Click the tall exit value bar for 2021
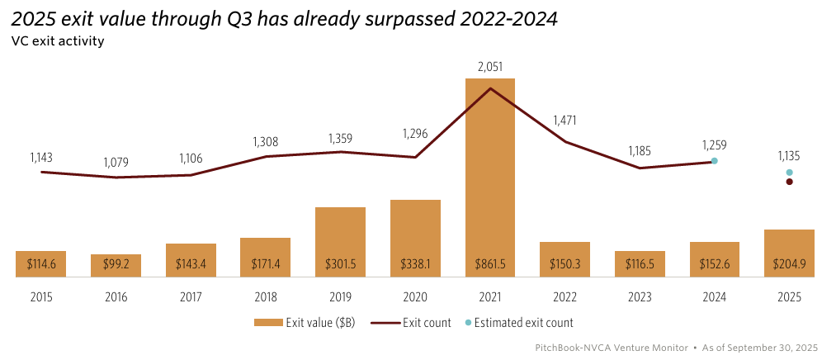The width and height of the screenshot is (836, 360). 489,165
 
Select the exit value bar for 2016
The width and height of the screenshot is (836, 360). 116,265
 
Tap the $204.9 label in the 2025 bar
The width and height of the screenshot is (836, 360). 789,264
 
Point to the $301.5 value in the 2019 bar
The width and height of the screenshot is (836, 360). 340,264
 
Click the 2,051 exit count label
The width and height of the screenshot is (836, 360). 490,66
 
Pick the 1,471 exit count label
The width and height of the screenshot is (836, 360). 564,121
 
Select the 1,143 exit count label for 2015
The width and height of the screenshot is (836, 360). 41,157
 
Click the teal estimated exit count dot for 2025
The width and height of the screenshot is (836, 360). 789,173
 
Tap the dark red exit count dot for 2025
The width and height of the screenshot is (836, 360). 789,182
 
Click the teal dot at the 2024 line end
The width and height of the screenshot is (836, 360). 715,161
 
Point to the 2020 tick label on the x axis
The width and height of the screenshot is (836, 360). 415,296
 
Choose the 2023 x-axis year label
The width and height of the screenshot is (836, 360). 640,296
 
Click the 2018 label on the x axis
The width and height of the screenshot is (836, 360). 265,296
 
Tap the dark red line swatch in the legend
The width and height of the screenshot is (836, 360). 385,323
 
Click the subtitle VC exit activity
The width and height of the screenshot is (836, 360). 57,41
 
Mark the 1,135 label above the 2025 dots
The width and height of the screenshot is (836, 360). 789,156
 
